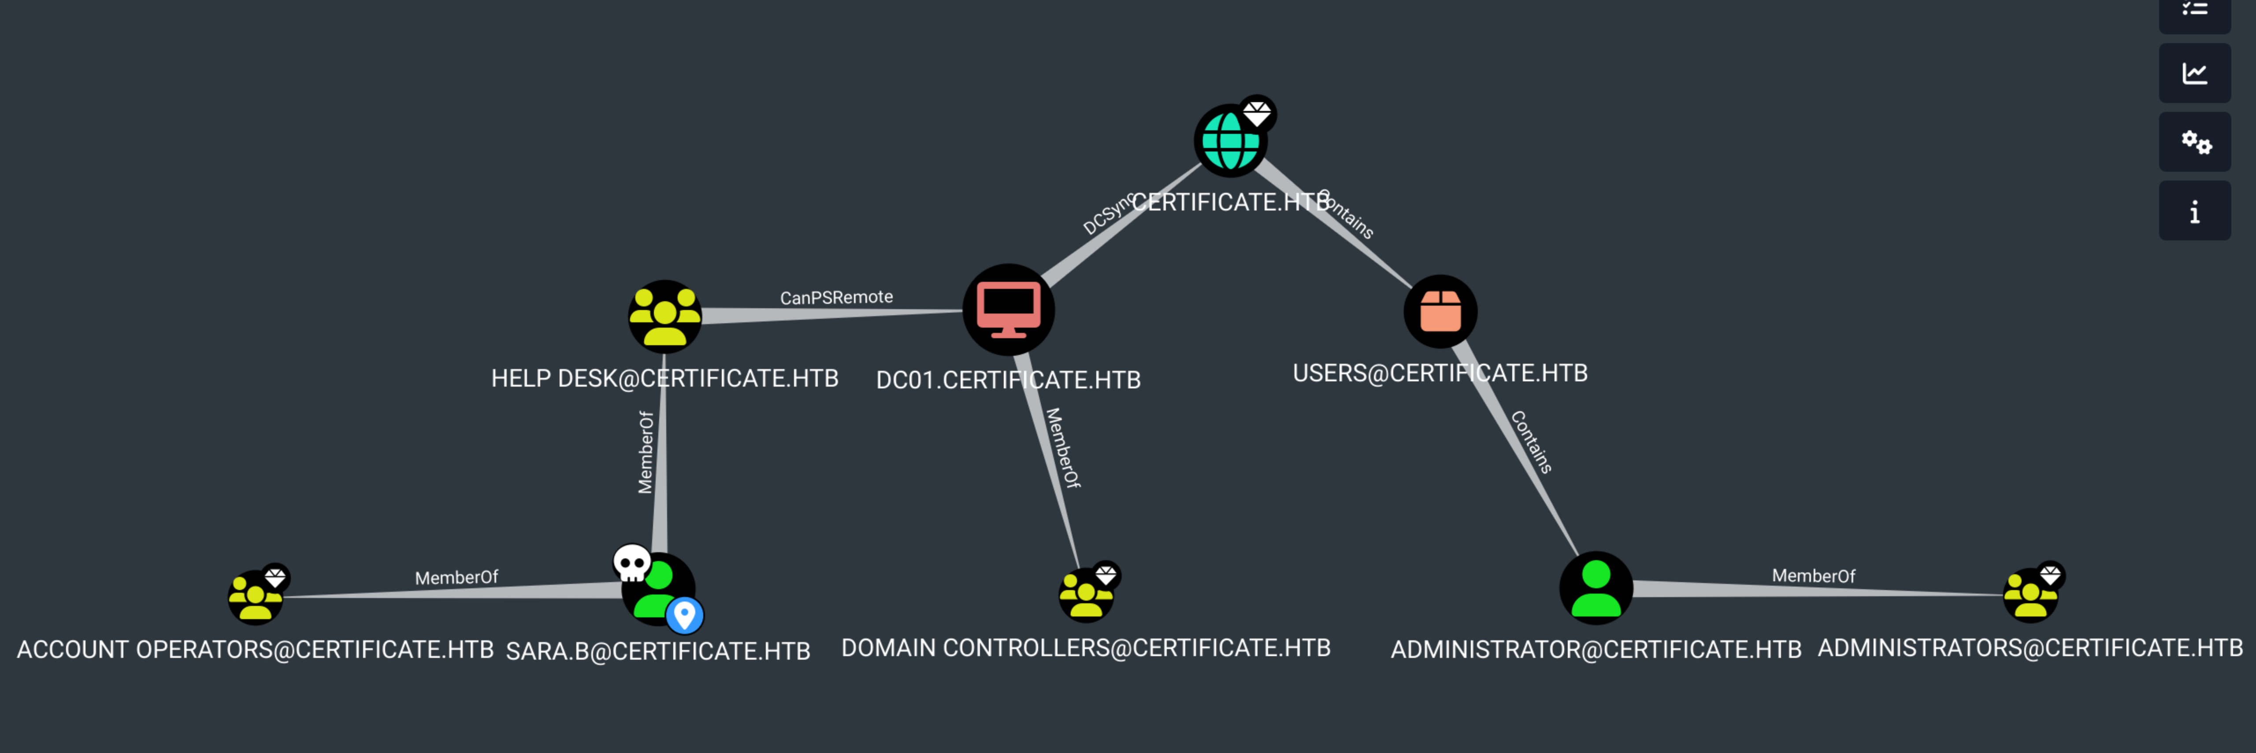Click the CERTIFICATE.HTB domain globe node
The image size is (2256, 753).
click(x=1230, y=141)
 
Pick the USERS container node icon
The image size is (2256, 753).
click(x=1440, y=311)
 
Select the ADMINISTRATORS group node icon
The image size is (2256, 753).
click(x=2030, y=595)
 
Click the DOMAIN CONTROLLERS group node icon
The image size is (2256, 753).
click(x=1086, y=595)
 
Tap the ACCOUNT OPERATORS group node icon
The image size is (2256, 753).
click(x=255, y=597)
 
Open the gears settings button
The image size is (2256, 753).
click(x=2195, y=142)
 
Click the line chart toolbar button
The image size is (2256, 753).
click(x=2195, y=74)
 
